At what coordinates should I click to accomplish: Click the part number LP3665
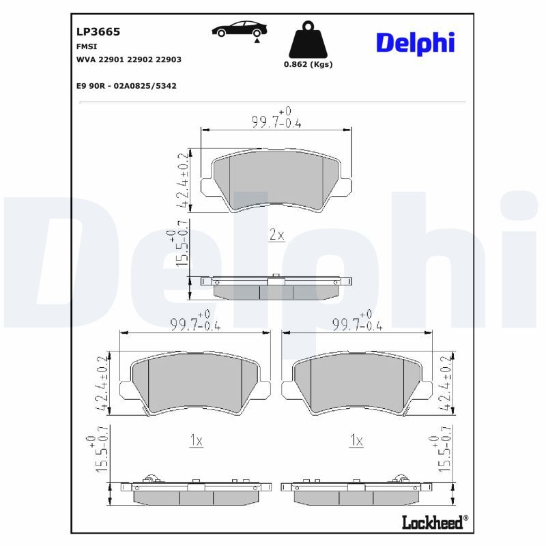(x=98, y=31)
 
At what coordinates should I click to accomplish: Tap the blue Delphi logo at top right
(x=416, y=43)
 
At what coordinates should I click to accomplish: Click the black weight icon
(x=308, y=40)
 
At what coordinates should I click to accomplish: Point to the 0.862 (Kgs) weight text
(x=308, y=64)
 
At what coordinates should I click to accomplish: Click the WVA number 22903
(x=168, y=59)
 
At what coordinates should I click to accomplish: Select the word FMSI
(x=87, y=46)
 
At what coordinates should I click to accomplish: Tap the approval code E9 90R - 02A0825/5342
(x=126, y=86)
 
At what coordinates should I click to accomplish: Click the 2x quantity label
(x=277, y=235)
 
